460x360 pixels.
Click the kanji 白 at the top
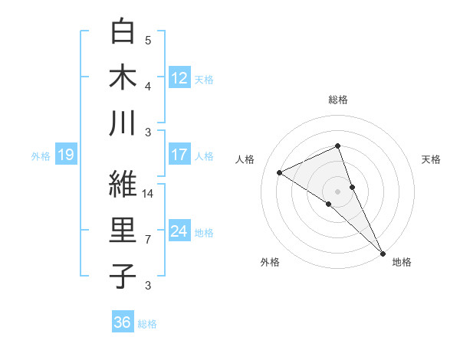[123, 31]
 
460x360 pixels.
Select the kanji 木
[123, 78]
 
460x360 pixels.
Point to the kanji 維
[123, 184]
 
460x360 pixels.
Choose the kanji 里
[123, 231]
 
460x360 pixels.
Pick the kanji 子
[123, 276]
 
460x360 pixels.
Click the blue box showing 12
[179, 77]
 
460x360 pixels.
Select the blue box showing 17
[179, 155]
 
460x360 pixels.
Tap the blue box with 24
[179, 231]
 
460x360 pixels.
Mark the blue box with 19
[65, 155]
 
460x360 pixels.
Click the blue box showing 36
[123, 322]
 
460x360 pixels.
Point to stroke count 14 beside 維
[149, 194]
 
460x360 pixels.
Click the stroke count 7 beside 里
[148, 240]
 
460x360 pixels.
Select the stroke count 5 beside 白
[148, 40]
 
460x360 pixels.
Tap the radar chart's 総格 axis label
[337, 100]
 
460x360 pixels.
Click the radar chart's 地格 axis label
[402, 262]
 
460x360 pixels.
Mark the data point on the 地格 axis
[382, 252]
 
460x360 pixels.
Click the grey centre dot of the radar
[337, 191]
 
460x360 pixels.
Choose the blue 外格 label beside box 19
[41, 156]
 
